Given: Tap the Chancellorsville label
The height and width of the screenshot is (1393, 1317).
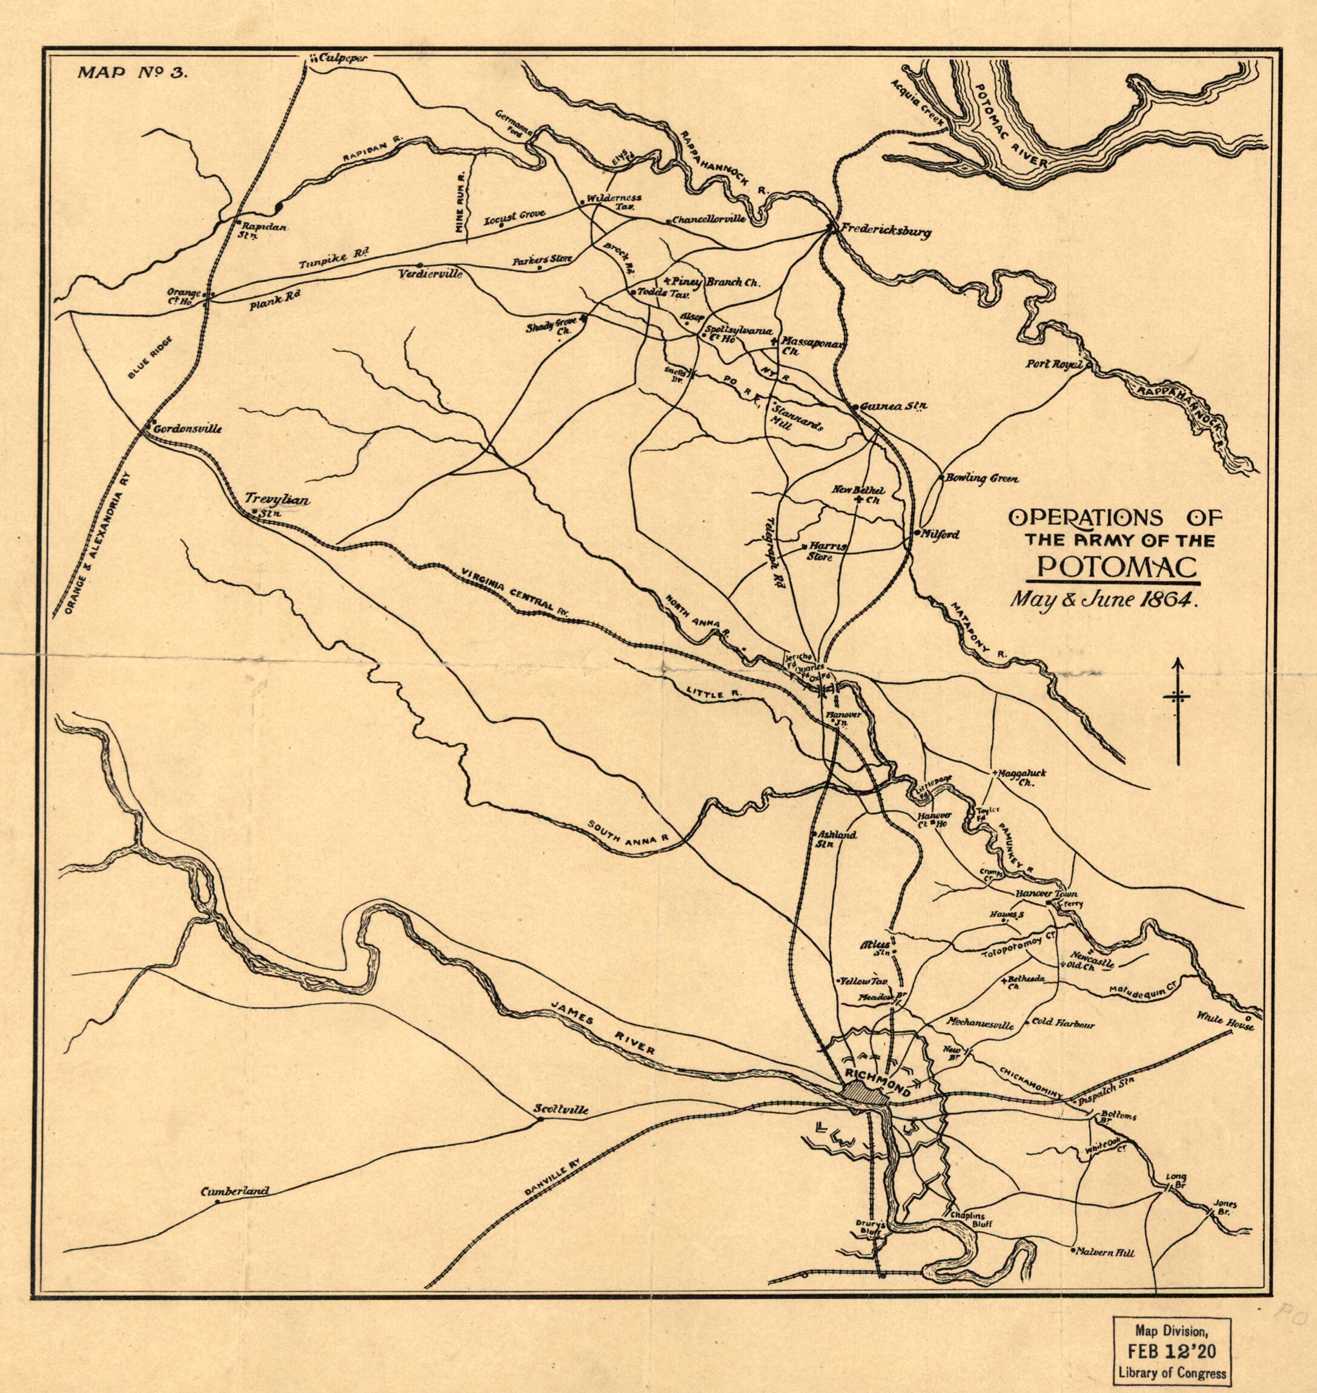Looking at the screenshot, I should (708, 220).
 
